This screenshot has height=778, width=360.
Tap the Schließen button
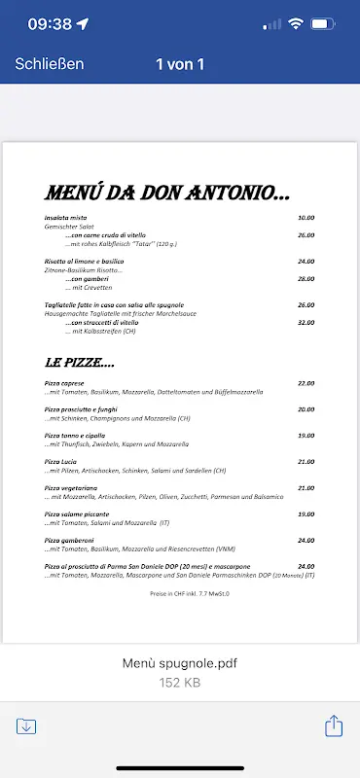click(x=49, y=64)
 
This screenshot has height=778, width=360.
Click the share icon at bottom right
click(x=334, y=725)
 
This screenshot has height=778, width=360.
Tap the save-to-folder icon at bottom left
click(x=26, y=725)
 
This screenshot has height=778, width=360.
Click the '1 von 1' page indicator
click(x=180, y=64)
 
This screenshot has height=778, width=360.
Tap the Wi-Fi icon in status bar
click(x=296, y=23)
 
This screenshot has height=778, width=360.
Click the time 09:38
click(x=50, y=23)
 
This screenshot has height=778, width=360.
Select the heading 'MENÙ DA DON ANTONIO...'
click(x=167, y=193)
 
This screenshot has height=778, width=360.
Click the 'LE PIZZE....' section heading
click(x=80, y=362)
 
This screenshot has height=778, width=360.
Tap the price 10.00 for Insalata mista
click(x=306, y=218)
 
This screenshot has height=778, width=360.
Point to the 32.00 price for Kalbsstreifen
click(x=306, y=322)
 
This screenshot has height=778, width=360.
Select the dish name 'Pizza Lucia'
click(x=62, y=462)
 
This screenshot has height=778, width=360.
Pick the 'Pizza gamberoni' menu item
click(x=70, y=540)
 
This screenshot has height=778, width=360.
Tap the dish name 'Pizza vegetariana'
click(x=72, y=488)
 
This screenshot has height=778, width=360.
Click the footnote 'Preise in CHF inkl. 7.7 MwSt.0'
click(x=189, y=592)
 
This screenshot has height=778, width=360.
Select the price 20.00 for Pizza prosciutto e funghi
click(x=306, y=409)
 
